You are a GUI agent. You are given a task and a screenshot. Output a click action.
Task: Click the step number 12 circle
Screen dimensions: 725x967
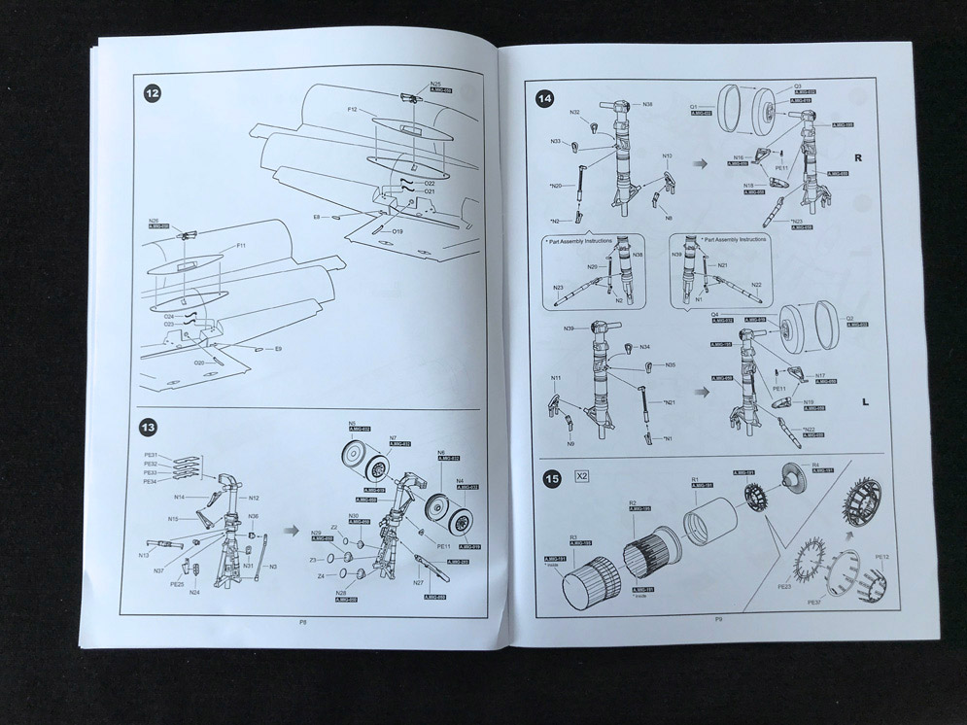tap(152, 93)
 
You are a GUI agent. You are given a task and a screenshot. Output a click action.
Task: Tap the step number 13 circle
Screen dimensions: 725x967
tap(149, 427)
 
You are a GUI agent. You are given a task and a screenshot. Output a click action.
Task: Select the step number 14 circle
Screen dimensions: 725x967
tap(545, 98)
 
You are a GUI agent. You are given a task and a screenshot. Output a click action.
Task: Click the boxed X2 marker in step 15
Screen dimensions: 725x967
tap(582, 477)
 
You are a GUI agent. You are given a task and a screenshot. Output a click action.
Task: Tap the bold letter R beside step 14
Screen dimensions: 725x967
tap(857, 157)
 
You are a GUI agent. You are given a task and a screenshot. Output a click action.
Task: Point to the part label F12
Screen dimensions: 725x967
tap(353, 110)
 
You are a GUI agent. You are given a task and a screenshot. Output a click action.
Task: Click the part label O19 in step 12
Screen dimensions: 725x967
tap(398, 231)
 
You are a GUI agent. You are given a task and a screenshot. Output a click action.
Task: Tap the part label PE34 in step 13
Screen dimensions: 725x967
tap(150, 482)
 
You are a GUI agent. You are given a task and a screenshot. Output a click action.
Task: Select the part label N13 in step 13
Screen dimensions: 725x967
tap(143, 555)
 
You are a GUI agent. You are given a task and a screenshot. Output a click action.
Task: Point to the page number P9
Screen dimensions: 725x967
tap(718, 619)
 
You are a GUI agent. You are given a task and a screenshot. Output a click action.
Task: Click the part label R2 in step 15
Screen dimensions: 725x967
tap(632, 502)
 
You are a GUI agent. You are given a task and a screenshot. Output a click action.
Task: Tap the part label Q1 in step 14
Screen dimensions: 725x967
tap(695, 105)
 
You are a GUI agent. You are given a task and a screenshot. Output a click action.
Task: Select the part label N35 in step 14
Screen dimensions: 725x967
tap(671, 365)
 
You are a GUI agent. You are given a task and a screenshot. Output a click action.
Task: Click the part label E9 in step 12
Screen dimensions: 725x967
tap(278, 349)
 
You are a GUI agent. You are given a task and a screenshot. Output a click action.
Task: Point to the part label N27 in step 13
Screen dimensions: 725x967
tap(418, 583)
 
